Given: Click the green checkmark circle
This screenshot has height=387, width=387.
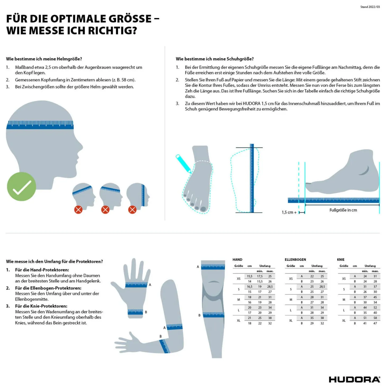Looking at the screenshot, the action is point(21,186).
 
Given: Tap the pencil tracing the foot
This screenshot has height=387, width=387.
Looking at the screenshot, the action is point(183,164).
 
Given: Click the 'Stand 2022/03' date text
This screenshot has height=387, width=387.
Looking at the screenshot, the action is point(370,7).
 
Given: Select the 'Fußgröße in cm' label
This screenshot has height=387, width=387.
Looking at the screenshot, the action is point(343,210).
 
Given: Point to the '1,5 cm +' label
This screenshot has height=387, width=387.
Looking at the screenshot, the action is point(289,212).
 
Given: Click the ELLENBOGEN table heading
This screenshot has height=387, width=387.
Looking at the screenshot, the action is point(295,260).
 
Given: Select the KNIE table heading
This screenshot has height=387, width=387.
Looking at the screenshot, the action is point(341,260).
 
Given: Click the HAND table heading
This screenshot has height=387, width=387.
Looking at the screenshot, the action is point(238,260).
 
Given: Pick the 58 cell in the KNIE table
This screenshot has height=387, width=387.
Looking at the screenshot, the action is point(375,318).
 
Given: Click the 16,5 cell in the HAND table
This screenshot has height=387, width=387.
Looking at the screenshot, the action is point(250,287).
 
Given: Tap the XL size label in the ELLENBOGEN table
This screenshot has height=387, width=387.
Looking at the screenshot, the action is point(291,320).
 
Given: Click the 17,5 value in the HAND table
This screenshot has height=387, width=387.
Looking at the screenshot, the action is point(260,276).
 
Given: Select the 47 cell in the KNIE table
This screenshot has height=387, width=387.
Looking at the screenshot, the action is point(375,323).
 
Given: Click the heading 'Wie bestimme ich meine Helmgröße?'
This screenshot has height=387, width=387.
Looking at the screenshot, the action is point(44,59).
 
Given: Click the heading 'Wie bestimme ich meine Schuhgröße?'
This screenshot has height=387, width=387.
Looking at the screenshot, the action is point(215,59).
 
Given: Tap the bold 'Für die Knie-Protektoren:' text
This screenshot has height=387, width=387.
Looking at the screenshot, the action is point(41,306).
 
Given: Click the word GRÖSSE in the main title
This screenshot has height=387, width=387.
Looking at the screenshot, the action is point(130,19).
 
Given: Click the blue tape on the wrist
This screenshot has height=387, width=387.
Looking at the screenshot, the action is point(135,312).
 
